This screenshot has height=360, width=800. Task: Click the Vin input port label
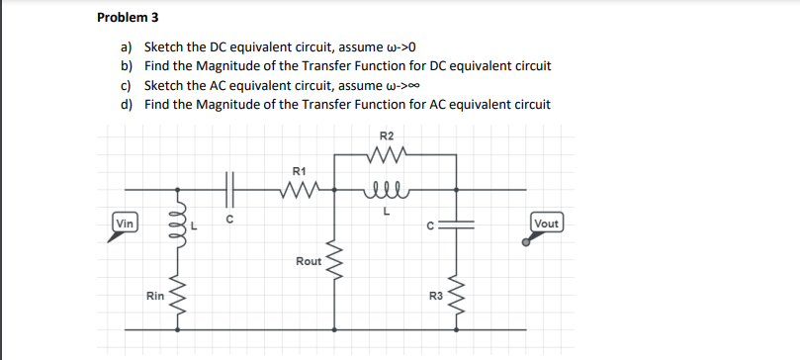[x=125, y=224]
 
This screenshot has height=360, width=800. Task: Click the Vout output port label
[x=546, y=224]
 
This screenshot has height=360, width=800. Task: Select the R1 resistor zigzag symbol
[x=300, y=187]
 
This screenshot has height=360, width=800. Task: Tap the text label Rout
[x=308, y=261]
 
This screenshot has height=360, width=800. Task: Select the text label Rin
[x=154, y=295]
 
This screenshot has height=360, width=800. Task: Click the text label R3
[x=434, y=295]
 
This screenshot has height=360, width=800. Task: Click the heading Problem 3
[x=129, y=18]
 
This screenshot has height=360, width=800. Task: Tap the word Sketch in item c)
[x=163, y=85]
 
